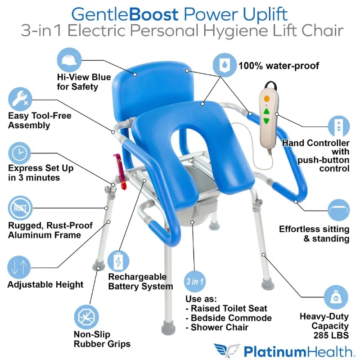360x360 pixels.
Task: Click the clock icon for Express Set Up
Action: coord(20,153)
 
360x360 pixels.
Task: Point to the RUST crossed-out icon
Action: coord(20,208)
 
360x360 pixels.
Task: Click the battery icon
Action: coord(118,261)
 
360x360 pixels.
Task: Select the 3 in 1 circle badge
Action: coord(195,282)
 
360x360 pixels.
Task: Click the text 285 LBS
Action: coord(330,335)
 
